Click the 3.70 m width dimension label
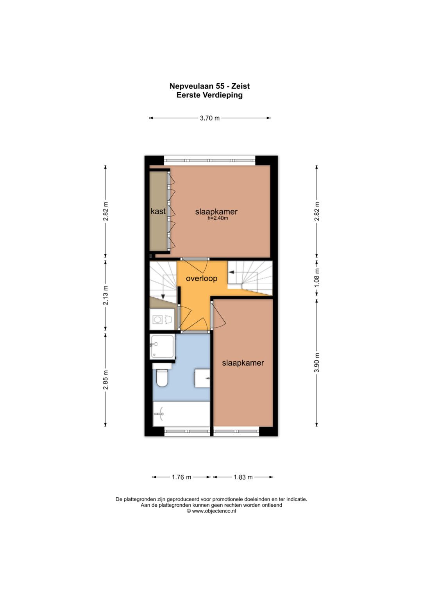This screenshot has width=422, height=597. point(210,118)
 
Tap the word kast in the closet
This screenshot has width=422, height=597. point(158,211)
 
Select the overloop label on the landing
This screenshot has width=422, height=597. point(201,278)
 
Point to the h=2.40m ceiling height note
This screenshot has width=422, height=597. point(218,218)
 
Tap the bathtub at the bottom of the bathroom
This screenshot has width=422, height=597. point(181,414)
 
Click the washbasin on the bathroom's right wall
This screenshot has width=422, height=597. point(202,378)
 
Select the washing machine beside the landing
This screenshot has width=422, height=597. point(162,319)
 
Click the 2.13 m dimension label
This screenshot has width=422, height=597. point(106,295)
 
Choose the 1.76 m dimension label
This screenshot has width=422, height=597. point(181,477)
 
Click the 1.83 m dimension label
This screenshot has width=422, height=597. point(243,477)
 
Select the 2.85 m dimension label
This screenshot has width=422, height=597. point(106,380)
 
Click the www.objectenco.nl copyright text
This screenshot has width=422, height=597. point(211,511)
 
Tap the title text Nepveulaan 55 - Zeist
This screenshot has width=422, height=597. point(210,86)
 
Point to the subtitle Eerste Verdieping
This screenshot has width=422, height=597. point(210,95)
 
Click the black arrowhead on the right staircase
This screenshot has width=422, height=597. point(232,272)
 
